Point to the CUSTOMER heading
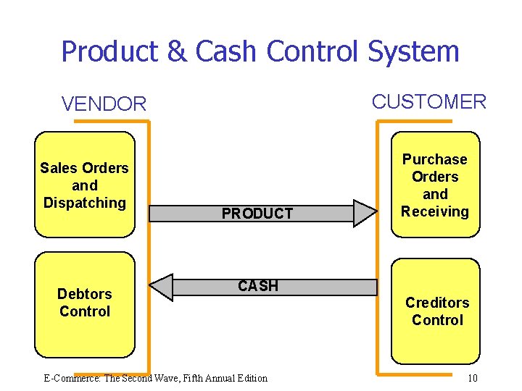[x=428, y=102]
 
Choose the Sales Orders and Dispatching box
[x=85, y=185]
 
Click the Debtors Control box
[x=85, y=303]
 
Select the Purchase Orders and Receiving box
[x=435, y=185]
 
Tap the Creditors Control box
[x=436, y=311]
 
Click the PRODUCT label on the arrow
[x=257, y=214]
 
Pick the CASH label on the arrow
[x=258, y=286]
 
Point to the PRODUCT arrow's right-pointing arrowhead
[x=365, y=213]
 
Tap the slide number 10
[x=472, y=378]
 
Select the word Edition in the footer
[x=250, y=378]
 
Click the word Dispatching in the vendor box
[x=85, y=203]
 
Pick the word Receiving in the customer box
[x=435, y=211]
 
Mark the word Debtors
[x=85, y=294]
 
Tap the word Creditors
[x=437, y=303]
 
